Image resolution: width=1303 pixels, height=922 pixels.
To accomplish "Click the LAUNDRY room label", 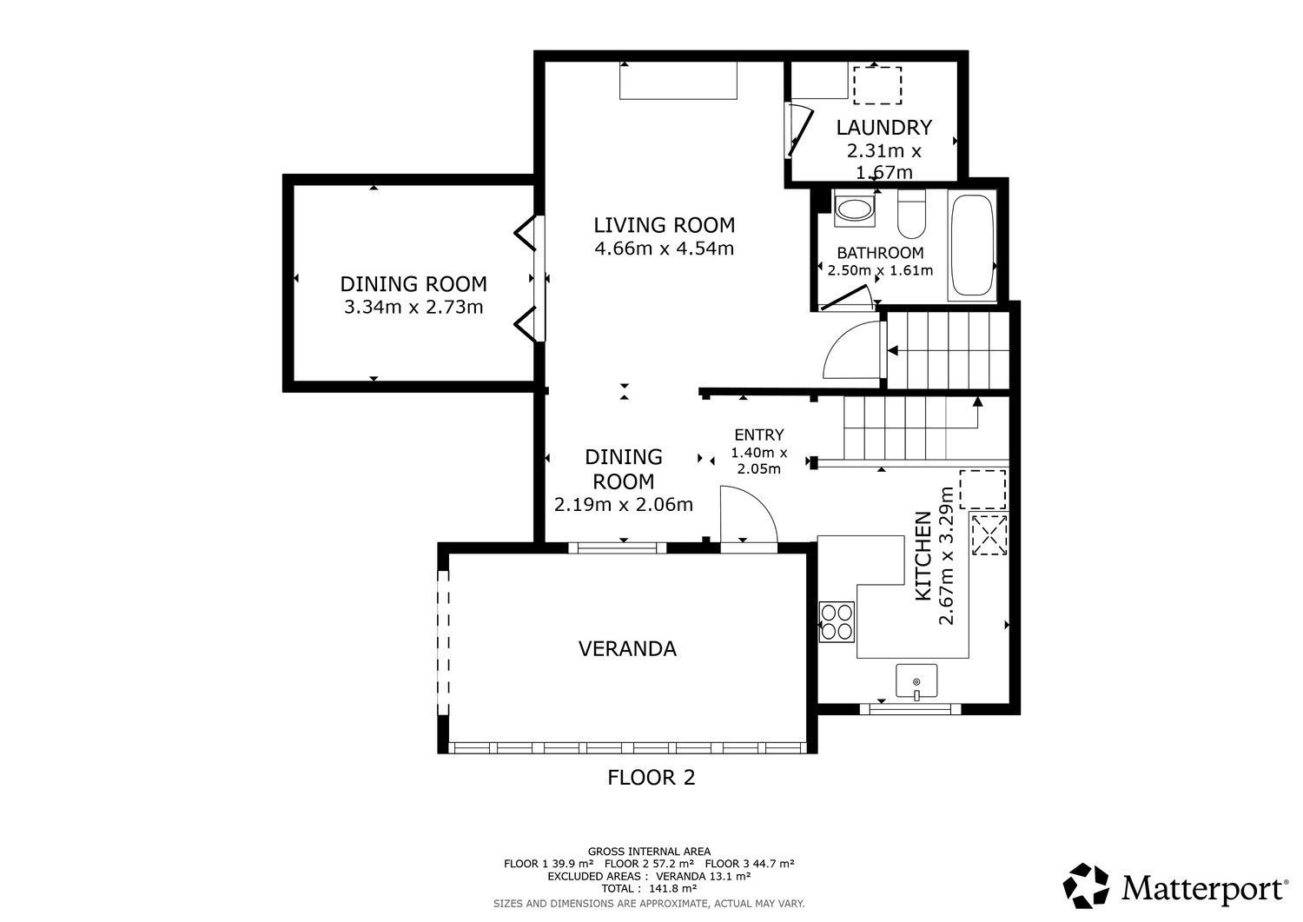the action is pyautogui.click(x=883, y=128).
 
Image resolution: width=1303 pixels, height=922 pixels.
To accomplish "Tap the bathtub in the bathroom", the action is pyautogui.click(x=971, y=245).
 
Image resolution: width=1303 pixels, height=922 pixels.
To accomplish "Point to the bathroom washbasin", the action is pyautogui.click(x=854, y=210).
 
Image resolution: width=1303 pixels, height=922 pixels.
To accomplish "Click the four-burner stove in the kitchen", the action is pyautogui.click(x=837, y=621).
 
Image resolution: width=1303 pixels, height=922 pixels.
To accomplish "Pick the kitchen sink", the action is pyautogui.click(x=916, y=680).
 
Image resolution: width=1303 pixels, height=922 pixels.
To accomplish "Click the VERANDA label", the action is pyautogui.click(x=627, y=648).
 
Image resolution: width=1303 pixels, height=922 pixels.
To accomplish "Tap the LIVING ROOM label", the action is pyautogui.click(x=665, y=225).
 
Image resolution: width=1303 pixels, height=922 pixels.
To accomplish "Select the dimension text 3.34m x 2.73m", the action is pyautogui.click(x=413, y=307).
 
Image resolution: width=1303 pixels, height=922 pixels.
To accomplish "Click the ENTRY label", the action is pyautogui.click(x=759, y=434).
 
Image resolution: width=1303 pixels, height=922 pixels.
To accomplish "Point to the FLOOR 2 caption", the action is pyautogui.click(x=651, y=778).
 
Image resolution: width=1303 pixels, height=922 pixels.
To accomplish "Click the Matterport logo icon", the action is pyautogui.click(x=1086, y=886).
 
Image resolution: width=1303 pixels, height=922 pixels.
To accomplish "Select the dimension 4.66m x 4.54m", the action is pyautogui.click(x=665, y=249).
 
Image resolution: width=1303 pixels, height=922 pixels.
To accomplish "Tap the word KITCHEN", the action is pyautogui.click(x=923, y=556).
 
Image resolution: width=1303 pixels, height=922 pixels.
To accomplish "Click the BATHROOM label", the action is pyautogui.click(x=880, y=253).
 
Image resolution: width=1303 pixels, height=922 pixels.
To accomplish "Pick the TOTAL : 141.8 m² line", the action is pyautogui.click(x=649, y=888).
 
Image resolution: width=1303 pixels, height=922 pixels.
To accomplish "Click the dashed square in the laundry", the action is pyautogui.click(x=877, y=85).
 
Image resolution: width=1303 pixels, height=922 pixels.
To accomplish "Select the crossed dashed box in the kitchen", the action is pyautogui.click(x=989, y=534).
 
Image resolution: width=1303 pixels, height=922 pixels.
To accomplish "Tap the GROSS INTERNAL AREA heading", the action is pyautogui.click(x=649, y=852).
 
